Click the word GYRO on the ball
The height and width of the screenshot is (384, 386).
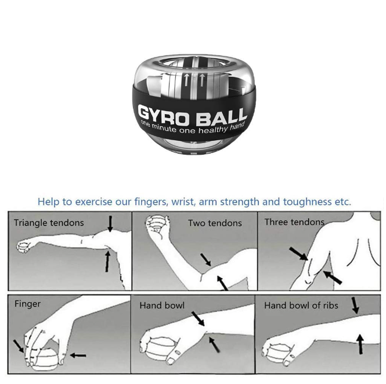tap(164, 115)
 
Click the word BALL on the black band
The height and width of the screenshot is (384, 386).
tap(222, 117)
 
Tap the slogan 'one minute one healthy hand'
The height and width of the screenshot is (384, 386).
tap(192, 127)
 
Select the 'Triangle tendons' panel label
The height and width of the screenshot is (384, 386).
tap(49, 223)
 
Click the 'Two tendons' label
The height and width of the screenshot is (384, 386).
tap(215, 223)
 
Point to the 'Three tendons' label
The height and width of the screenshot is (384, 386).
tap(294, 222)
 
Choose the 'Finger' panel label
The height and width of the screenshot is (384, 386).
tap(27, 304)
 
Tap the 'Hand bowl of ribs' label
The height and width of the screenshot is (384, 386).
tap(301, 305)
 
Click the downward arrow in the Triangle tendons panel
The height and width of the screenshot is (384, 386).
tap(110, 224)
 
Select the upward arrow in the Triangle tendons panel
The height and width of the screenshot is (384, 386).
tap(107, 261)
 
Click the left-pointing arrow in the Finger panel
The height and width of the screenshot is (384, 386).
tap(78, 355)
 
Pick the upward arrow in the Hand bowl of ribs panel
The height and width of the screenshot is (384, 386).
tap(360, 344)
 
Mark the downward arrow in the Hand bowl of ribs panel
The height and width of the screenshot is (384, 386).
tap(355, 305)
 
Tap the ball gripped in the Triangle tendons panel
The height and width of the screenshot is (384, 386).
tap(23, 247)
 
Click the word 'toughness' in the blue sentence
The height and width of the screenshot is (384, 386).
tap(307, 202)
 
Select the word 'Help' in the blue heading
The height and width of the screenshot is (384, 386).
tap(48, 202)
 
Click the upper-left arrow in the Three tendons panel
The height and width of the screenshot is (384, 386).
tap(298, 254)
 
